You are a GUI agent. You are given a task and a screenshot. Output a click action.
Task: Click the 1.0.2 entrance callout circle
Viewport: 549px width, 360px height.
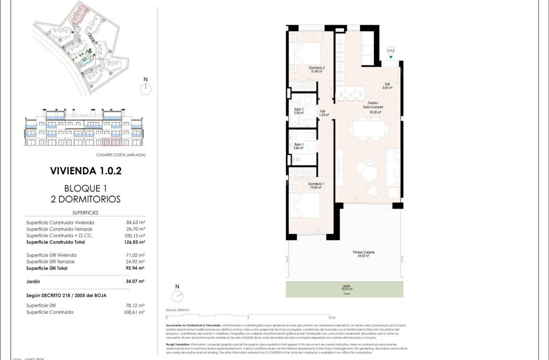click(x=391, y=50)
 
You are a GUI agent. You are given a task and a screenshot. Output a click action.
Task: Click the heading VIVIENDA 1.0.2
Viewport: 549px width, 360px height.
click(x=86, y=171)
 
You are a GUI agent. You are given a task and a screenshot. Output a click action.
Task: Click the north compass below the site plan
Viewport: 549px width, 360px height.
click(x=146, y=88)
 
